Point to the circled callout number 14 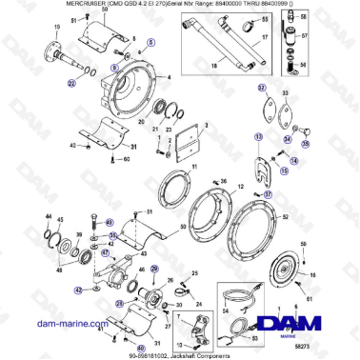pos(294,162)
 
